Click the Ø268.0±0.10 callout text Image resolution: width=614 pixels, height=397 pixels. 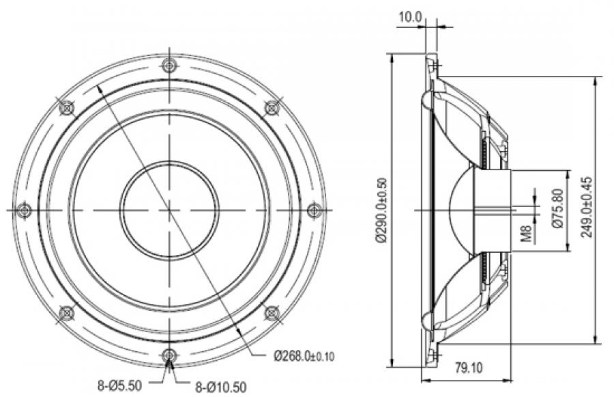304,355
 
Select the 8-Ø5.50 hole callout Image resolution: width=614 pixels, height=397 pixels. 119,385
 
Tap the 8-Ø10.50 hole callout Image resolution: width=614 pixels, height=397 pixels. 219,386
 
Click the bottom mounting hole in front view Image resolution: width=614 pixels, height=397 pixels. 169,355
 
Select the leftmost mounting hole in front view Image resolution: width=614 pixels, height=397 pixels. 25,209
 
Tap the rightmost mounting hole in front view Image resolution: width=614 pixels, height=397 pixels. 315,209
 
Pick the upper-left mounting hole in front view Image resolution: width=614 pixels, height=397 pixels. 67,107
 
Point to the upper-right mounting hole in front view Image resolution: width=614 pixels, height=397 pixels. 272,107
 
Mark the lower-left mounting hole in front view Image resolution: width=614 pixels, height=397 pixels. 66,312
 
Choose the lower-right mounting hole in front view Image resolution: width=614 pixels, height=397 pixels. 272,312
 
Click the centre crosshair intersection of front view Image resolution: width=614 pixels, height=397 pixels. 169,209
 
